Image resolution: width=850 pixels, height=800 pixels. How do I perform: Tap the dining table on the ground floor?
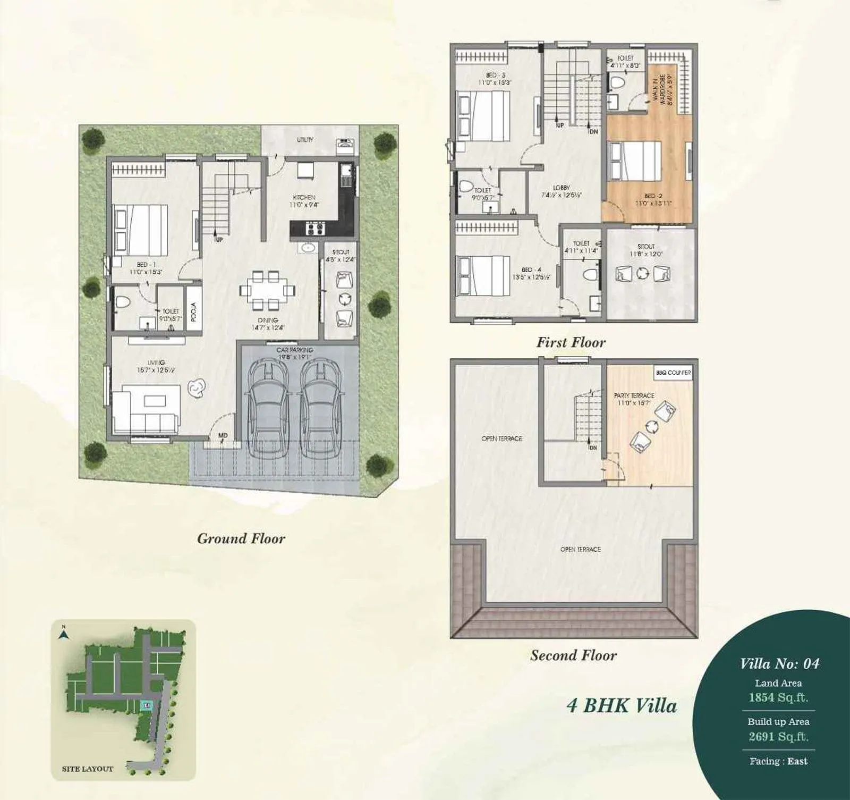tap(267, 290)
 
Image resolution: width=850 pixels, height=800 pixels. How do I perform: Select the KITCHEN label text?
tap(304, 197)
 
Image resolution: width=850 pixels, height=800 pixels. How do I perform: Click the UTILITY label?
tap(305, 140)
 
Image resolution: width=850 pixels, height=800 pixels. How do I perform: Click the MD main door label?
tap(223, 436)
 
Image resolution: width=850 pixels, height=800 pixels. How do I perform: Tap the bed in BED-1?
tap(140, 230)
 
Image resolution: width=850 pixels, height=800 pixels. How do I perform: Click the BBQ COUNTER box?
tap(673, 373)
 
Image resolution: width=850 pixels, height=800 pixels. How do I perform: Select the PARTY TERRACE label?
tap(634, 395)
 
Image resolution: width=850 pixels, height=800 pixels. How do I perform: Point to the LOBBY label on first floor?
tap(561, 188)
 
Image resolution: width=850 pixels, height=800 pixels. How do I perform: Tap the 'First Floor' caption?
tap(571, 342)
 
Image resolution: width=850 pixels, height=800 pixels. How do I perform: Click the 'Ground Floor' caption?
tap(241, 538)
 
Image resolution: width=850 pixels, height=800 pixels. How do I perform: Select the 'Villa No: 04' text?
tap(779, 663)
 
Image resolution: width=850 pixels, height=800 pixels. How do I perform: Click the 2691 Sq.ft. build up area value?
tap(778, 737)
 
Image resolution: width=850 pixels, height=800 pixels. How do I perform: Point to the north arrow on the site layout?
tap(63, 634)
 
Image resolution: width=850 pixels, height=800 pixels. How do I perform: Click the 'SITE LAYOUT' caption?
tap(88, 769)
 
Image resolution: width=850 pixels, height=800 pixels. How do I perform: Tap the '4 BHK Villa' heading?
tap(622, 706)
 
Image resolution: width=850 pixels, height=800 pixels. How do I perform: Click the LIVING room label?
tap(156, 363)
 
